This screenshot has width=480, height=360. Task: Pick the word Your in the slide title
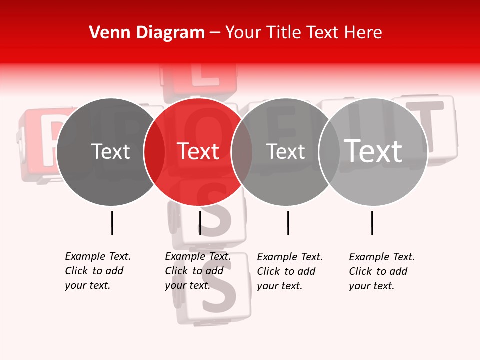243,33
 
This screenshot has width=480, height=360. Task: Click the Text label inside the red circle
198,151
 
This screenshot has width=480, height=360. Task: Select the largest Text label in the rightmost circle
373,151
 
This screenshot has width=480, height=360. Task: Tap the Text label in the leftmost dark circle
111,151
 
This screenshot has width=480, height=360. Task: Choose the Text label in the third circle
286,151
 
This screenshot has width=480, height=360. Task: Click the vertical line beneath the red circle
200,223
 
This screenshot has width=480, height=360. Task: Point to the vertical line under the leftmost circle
112,223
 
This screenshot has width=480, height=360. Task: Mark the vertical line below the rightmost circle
372,223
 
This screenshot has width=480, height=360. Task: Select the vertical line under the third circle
288,223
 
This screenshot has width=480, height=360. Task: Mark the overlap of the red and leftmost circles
154,152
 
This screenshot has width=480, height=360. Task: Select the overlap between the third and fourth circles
330,152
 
